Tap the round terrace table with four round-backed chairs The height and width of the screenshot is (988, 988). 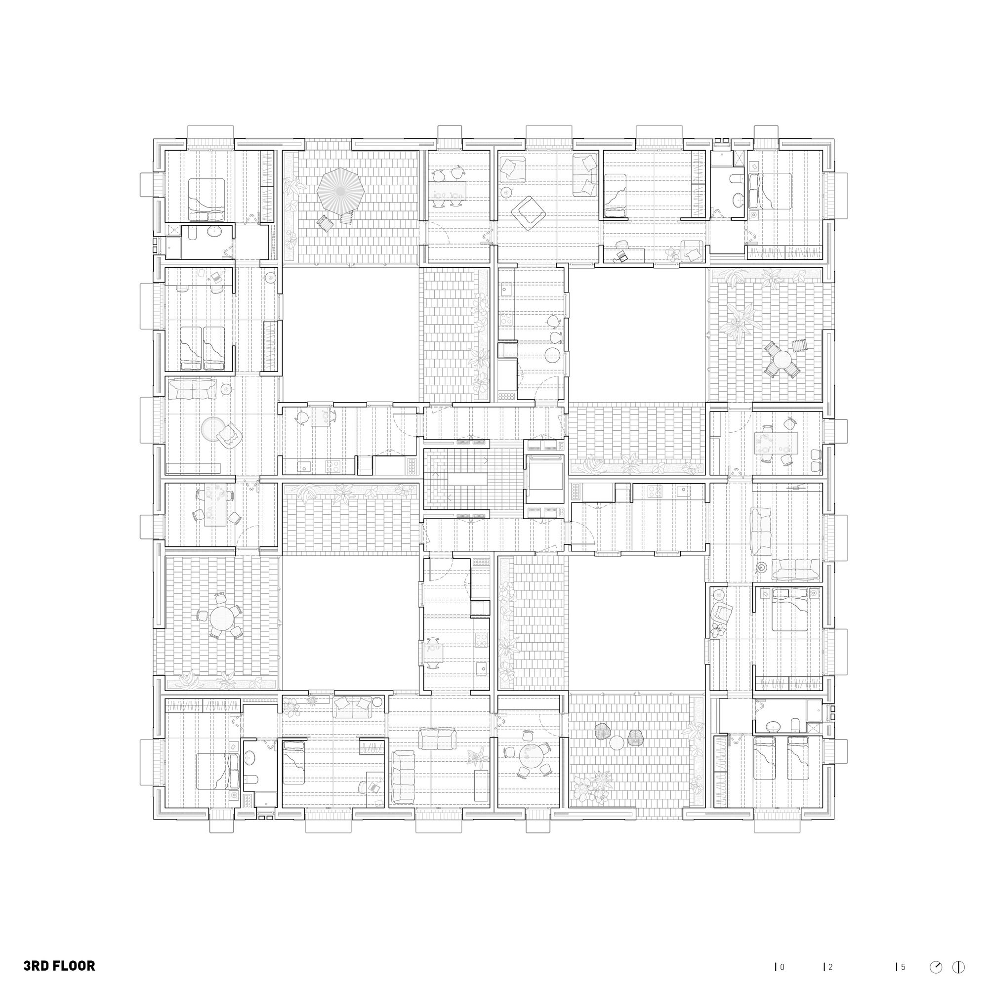tap(220, 617)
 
